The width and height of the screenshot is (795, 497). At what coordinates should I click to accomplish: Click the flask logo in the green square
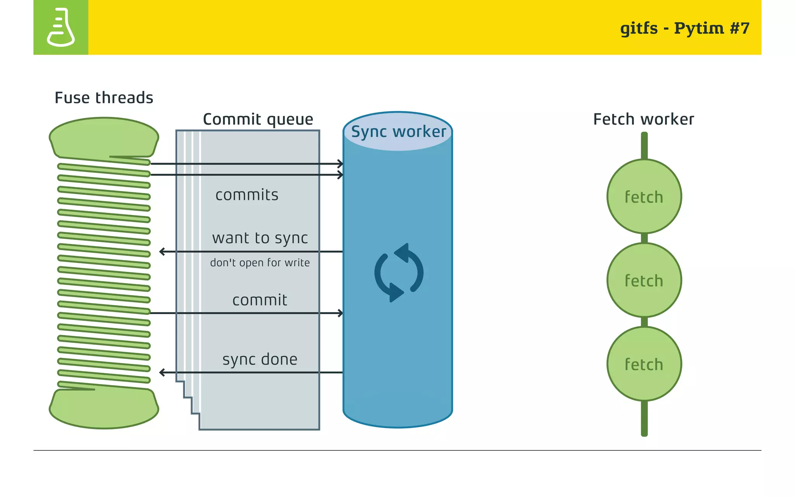coord(61,27)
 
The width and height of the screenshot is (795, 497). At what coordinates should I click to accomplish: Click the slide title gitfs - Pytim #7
coord(684,28)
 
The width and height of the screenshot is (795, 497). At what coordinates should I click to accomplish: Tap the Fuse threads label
coord(104,98)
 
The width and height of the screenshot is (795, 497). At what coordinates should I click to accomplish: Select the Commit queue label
coord(258,119)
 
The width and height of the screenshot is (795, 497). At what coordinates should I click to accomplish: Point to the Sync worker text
coord(398,132)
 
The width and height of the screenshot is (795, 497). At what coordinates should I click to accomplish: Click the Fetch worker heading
coord(643,119)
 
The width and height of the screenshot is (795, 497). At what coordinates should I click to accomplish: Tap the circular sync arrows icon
coord(399,273)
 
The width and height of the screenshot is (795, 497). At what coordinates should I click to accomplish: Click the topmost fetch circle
coord(644,196)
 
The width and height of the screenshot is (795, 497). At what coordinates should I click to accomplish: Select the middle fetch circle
coord(644,280)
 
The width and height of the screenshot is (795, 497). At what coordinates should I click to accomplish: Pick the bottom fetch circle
coord(644,364)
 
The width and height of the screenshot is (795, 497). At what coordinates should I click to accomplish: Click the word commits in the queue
coord(247,195)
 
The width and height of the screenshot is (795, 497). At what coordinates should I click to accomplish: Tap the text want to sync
coord(260,238)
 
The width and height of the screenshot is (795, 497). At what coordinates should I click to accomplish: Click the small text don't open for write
coord(260,263)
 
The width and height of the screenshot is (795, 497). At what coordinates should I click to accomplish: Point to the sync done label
coord(260,360)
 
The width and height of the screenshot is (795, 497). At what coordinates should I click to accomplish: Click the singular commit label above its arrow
coord(260,300)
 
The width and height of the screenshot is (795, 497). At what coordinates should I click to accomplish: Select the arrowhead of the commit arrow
coord(340,313)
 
